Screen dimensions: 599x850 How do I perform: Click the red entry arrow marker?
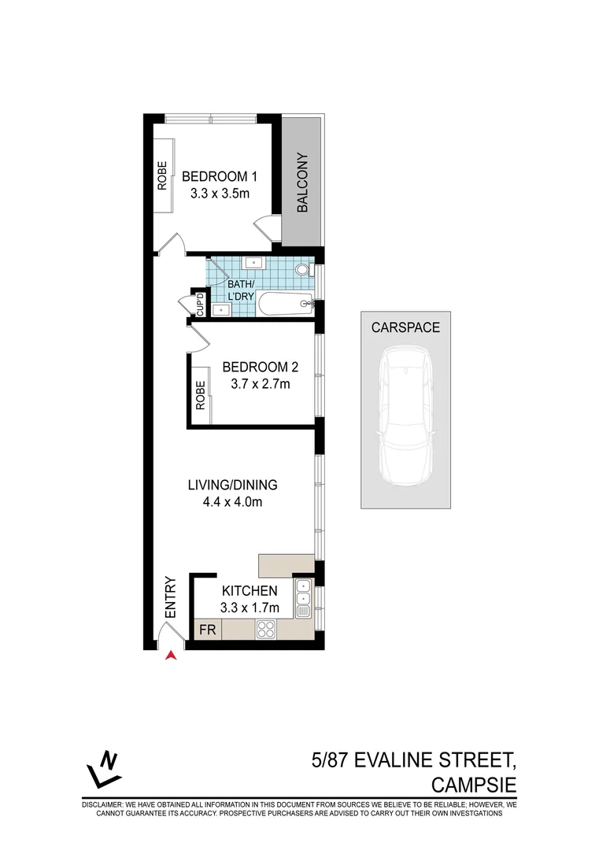(x=172, y=656)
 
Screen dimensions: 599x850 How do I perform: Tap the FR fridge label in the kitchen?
(x=208, y=630)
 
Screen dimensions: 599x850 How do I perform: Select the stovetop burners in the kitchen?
(x=265, y=630)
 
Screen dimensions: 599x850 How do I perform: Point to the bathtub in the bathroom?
(x=285, y=304)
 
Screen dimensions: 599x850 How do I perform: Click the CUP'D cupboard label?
(x=200, y=305)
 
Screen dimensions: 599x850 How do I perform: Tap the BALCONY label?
(x=302, y=182)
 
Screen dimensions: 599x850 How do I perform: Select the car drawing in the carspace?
(x=406, y=416)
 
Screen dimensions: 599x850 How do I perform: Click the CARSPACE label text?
(x=405, y=327)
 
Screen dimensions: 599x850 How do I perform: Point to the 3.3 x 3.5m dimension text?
(x=220, y=194)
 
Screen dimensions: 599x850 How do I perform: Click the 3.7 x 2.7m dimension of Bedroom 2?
(x=261, y=384)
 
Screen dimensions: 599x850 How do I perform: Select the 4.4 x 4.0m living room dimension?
(x=232, y=502)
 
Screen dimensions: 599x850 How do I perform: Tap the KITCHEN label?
(x=250, y=591)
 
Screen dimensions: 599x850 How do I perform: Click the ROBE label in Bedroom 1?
(x=162, y=176)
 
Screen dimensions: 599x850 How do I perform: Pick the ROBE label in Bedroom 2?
(x=201, y=395)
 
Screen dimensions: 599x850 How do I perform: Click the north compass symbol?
(x=104, y=770)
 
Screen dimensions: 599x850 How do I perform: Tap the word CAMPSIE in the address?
(x=474, y=785)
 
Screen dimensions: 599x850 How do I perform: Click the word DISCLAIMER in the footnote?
(x=103, y=805)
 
